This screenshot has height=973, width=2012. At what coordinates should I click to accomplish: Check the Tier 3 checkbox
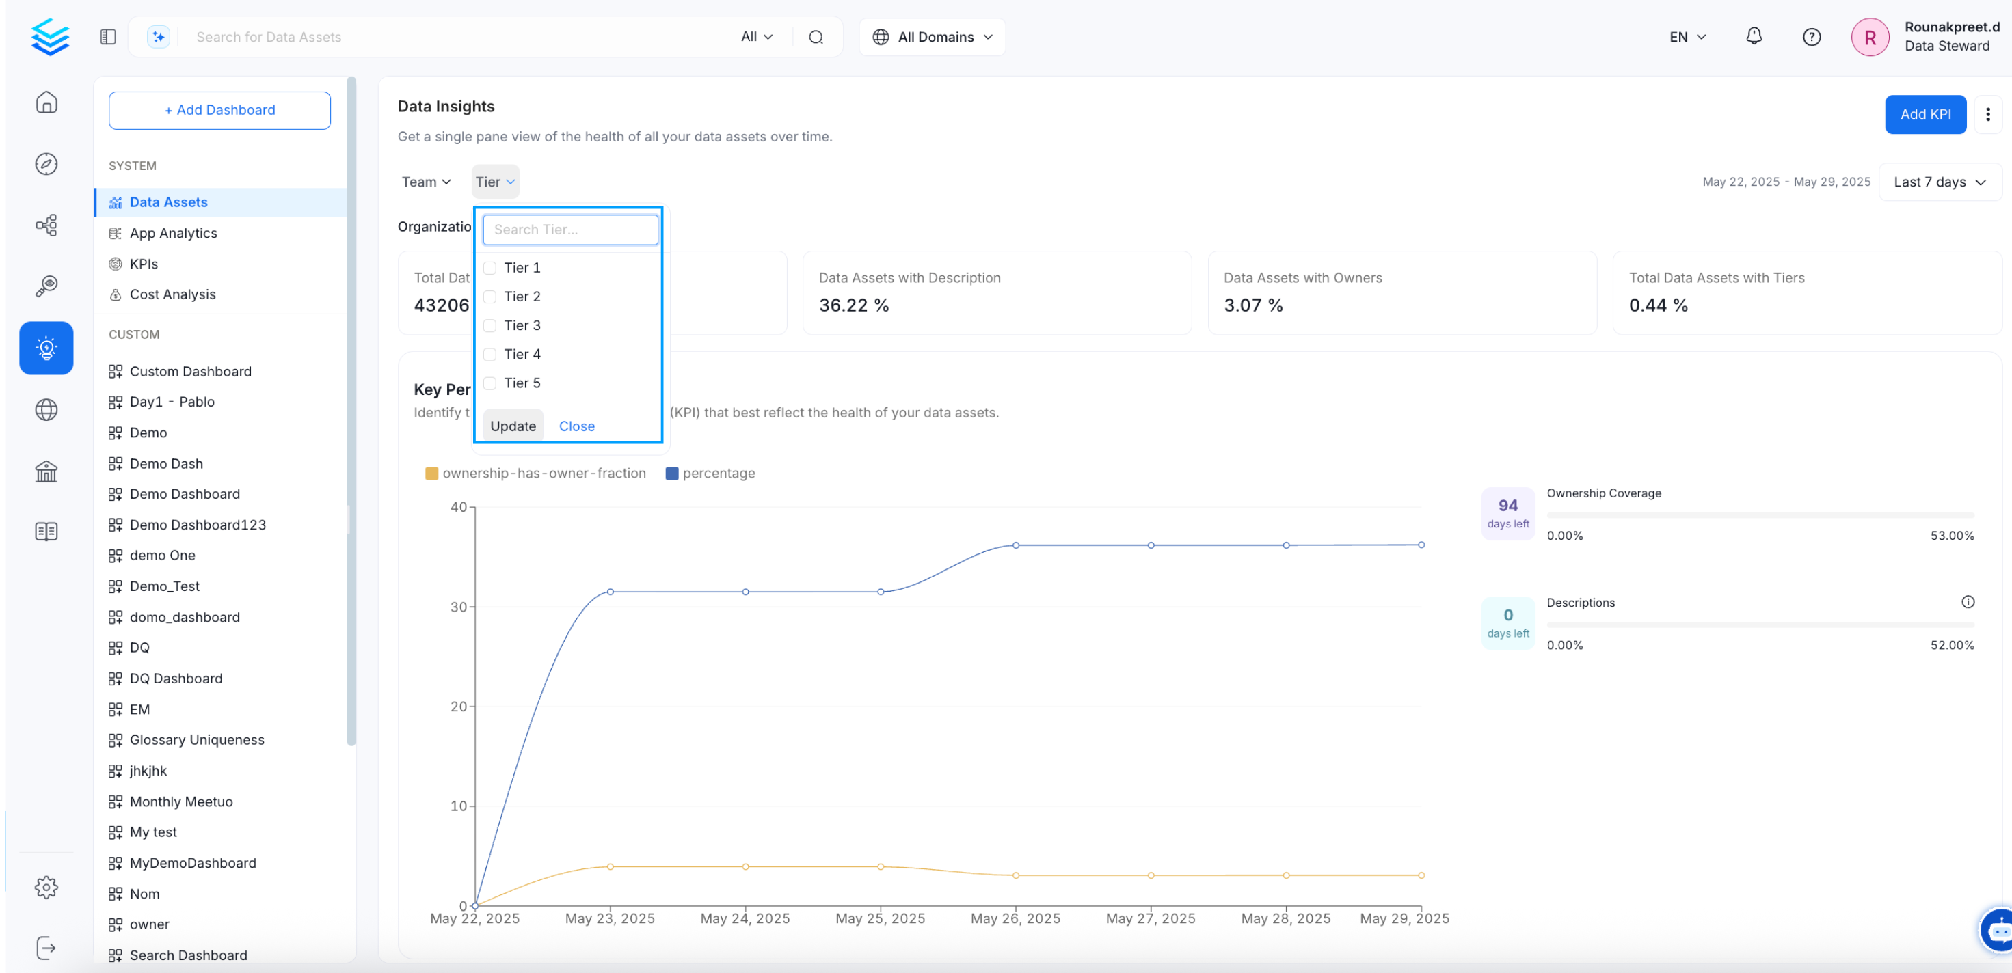(x=489, y=326)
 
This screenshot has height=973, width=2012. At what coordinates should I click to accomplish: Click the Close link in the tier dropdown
(x=576, y=426)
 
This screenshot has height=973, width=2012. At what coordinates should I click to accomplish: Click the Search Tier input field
(x=570, y=230)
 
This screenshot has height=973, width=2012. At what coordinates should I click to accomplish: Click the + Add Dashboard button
(x=219, y=110)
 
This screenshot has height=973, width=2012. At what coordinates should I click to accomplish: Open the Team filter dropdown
(x=426, y=182)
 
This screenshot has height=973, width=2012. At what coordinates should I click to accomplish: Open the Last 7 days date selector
(x=1940, y=182)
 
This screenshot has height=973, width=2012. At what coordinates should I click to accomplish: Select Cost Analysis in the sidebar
(x=172, y=294)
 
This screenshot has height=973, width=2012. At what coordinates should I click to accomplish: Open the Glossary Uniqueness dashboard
(x=197, y=739)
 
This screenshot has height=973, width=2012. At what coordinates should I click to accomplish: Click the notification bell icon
(x=1754, y=37)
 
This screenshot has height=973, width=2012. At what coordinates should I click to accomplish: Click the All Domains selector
(x=933, y=37)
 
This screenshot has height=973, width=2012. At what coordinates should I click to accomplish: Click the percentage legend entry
(x=710, y=474)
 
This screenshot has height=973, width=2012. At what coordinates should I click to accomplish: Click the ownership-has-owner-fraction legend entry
(x=535, y=474)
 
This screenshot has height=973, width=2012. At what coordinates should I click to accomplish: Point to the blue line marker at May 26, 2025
(x=1015, y=545)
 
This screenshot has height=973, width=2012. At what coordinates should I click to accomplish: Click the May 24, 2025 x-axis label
(x=745, y=918)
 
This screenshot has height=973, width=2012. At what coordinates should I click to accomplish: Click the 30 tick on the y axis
(x=459, y=607)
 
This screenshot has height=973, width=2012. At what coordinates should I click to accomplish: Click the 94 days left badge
(x=1507, y=513)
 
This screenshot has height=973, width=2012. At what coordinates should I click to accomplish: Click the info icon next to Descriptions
(x=1968, y=602)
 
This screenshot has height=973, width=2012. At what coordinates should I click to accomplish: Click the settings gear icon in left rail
(x=46, y=887)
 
